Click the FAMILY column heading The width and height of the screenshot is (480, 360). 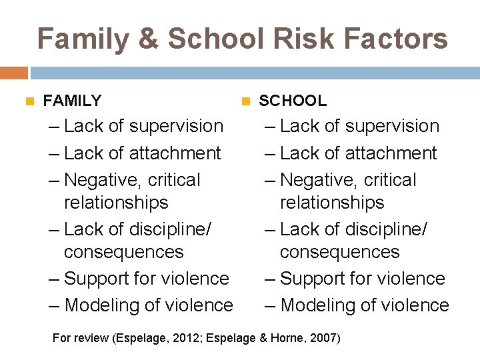[72, 101]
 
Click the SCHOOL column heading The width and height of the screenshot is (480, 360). [293, 101]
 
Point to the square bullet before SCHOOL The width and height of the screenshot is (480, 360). [244, 101]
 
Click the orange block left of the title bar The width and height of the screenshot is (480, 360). [13, 73]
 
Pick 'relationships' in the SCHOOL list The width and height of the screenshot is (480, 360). [332, 203]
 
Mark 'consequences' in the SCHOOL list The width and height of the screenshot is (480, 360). [339, 252]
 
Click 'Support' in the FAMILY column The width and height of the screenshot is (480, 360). [99, 279]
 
